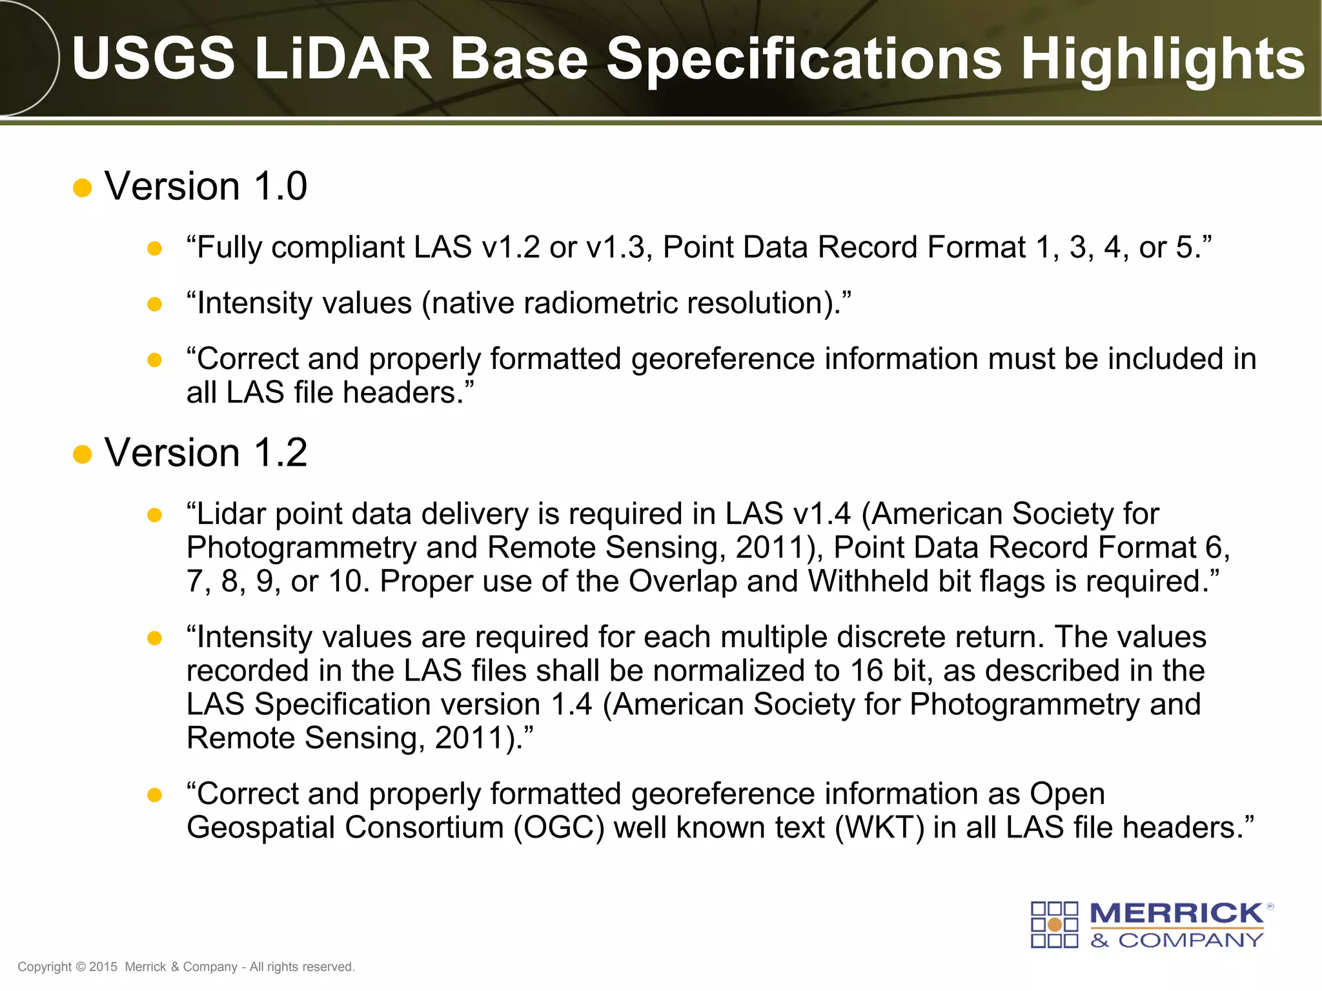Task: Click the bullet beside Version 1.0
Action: (x=83, y=188)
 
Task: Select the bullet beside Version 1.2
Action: (x=83, y=454)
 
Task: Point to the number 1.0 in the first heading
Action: (x=280, y=186)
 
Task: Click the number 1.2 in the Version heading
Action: (x=280, y=453)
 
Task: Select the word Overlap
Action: (x=682, y=582)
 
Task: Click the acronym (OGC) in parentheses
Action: (x=559, y=828)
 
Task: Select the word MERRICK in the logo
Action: (x=1176, y=914)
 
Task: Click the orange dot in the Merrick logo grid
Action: (x=1055, y=925)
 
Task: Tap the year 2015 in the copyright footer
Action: (x=103, y=967)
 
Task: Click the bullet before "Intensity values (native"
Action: (x=154, y=304)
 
